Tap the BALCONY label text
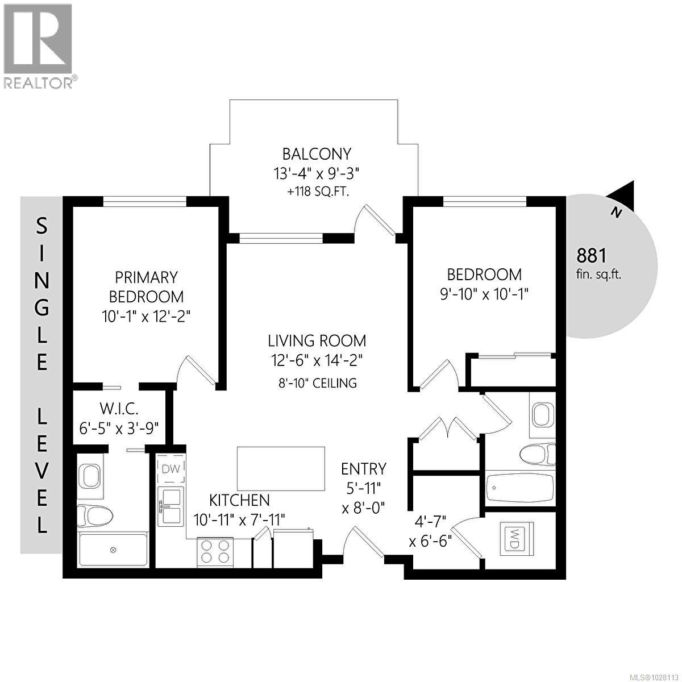[317, 154]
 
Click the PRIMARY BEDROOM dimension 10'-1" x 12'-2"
[146, 316]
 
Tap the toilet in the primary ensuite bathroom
[95, 515]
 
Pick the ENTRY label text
[364, 469]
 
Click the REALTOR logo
[39, 45]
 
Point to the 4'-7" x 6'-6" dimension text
[430, 530]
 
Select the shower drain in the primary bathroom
[113, 550]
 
